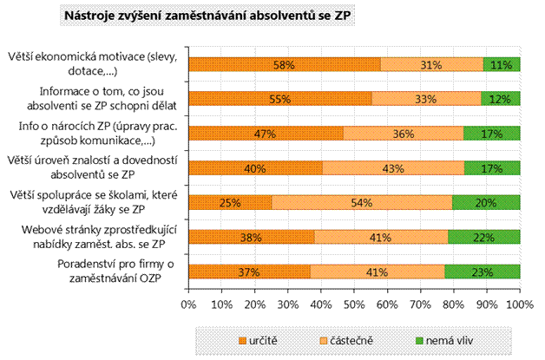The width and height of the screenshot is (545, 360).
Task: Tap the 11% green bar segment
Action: (501, 64)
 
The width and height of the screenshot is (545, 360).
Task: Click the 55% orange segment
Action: (279, 99)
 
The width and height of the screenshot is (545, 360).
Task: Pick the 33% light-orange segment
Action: (426, 99)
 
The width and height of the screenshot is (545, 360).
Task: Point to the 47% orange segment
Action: (266, 134)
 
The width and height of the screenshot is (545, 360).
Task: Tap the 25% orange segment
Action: (230, 203)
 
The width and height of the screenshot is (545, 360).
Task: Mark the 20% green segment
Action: (486, 203)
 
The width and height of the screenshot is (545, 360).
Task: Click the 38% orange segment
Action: (251, 237)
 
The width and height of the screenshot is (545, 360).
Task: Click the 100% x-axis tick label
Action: (519, 304)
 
